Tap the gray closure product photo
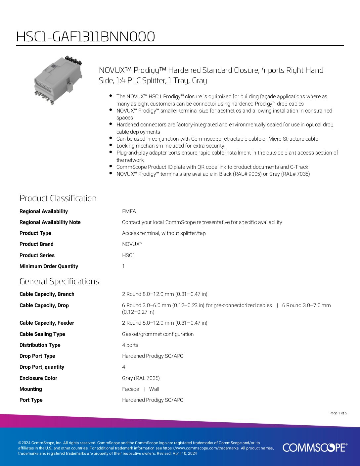pyautogui.click(x=57, y=80)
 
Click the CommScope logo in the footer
pyautogui.click(x=315, y=447)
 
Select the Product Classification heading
pyautogui.click(x=58, y=198)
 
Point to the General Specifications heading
pyautogui.click(x=59, y=281)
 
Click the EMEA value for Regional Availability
pyautogui.click(x=129, y=211)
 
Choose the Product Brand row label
pyautogui.click(x=36, y=244)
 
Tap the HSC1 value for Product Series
pyautogui.click(x=129, y=256)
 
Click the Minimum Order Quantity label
pyautogui.click(x=49, y=266)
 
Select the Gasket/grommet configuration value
pyautogui.click(x=158, y=334)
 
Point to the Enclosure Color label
pyautogui.click(x=38, y=378)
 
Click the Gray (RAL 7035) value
pyautogui.click(x=141, y=378)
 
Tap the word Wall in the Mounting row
pyautogui.click(x=154, y=389)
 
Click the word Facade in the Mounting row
pyautogui.click(x=131, y=389)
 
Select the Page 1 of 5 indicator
pyautogui.click(x=338, y=413)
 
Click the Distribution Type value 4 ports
pyautogui.click(x=130, y=345)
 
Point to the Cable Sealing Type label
pyautogui.click(x=42, y=334)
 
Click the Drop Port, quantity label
pyautogui.click(x=42, y=367)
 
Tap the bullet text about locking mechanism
pyautogui.click(x=170, y=146)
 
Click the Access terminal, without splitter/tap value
pyautogui.click(x=164, y=233)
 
